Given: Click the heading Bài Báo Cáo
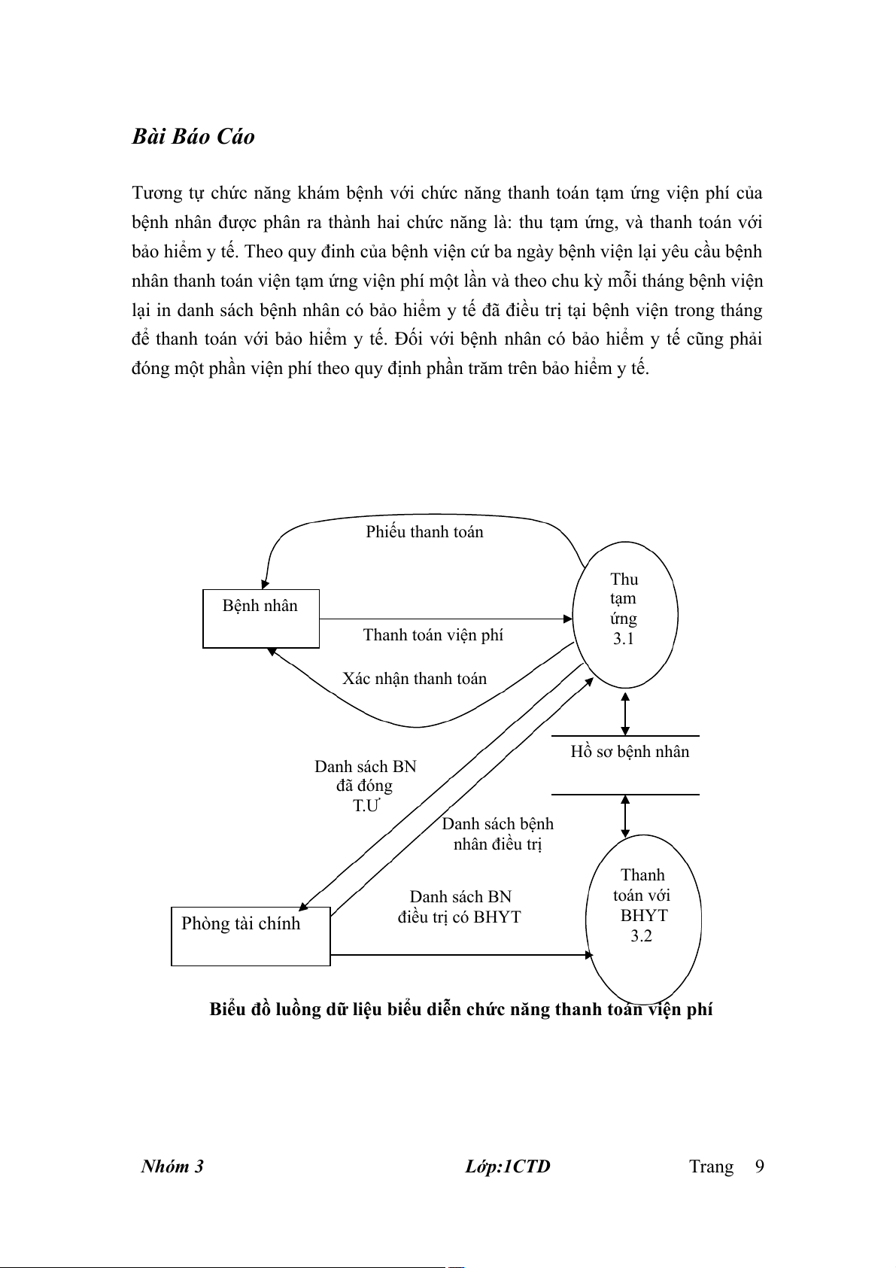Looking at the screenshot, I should pyautogui.click(x=193, y=136).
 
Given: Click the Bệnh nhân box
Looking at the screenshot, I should pyautogui.click(x=260, y=619).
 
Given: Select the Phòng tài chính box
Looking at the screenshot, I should pyautogui.click(x=251, y=935).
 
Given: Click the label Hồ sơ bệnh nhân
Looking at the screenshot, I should pyautogui.click(x=630, y=752).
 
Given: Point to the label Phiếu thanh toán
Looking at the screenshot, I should pyautogui.click(x=424, y=532).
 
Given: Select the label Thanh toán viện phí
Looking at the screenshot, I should pyautogui.click(x=433, y=635).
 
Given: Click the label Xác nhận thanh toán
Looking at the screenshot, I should pyautogui.click(x=415, y=679).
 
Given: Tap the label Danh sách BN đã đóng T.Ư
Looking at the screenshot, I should pyautogui.click(x=366, y=786).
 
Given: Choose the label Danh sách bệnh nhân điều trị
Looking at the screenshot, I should pyautogui.click(x=497, y=834).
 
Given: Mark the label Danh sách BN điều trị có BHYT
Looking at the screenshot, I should pyautogui.click(x=460, y=907).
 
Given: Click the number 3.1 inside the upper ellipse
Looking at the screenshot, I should pyautogui.click(x=624, y=639).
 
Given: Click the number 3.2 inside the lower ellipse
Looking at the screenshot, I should pyautogui.click(x=641, y=936).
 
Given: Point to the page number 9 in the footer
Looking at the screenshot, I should pyautogui.click(x=759, y=1166).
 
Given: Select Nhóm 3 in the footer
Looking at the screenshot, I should pyautogui.click(x=172, y=1166).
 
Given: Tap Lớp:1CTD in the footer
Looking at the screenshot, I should pyautogui.click(x=508, y=1166).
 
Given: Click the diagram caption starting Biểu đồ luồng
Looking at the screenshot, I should pyautogui.click(x=460, y=1009).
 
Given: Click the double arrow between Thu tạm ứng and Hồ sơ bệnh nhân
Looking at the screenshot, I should pyautogui.click(x=625, y=713).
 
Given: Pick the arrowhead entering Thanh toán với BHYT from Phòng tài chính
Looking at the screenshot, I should pyautogui.click(x=589, y=955).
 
